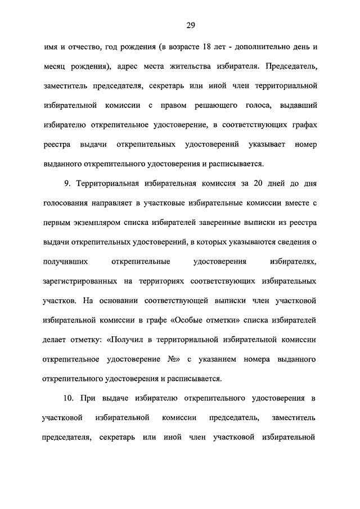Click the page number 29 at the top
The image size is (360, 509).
(x=190, y=24)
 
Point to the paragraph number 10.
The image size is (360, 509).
(x=69, y=398)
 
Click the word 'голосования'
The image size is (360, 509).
(x=65, y=203)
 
